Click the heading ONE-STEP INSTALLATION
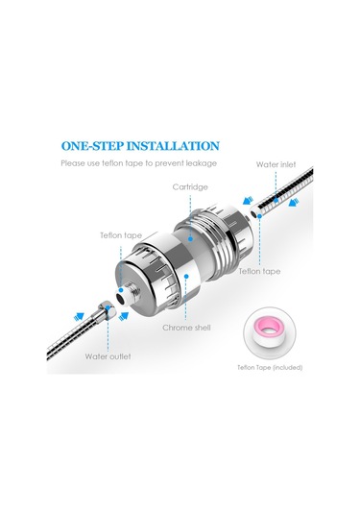[140, 146]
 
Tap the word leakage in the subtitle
[202, 163]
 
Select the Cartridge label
[190, 187]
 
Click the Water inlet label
[276, 164]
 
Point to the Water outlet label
[108, 356]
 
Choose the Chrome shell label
[186, 328]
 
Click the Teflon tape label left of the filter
[121, 235]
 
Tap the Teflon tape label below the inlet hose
[259, 272]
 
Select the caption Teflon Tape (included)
[270, 367]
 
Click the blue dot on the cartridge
[190, 239]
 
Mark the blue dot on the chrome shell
[186, 277]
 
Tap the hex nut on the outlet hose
[108, 309]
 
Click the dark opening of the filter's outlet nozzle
[122, 298]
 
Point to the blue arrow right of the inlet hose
[294, 204]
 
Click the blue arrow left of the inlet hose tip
[248, 200]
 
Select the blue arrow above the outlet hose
[79, 317]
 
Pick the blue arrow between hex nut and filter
[124, 316]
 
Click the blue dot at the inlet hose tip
[259, 216]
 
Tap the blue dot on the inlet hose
[276, 200]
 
